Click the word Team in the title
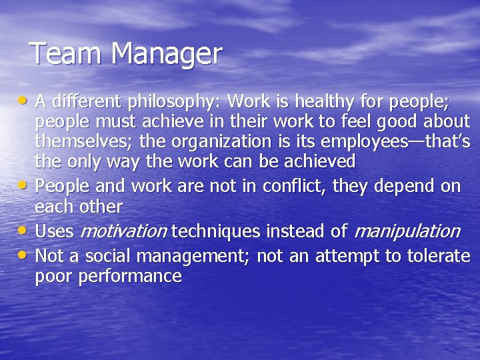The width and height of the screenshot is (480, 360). (x=60, y=53)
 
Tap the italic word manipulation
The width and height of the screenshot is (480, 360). (x=407, y=232)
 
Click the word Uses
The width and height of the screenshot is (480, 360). (x=55, y=231)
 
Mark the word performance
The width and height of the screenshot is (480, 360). (x=130, y=277)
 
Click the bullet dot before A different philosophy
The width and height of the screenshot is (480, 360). (x=24, y=101)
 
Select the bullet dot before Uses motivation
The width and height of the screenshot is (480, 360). (x=24, y=231)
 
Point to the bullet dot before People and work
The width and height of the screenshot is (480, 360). (x=24, y=185)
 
